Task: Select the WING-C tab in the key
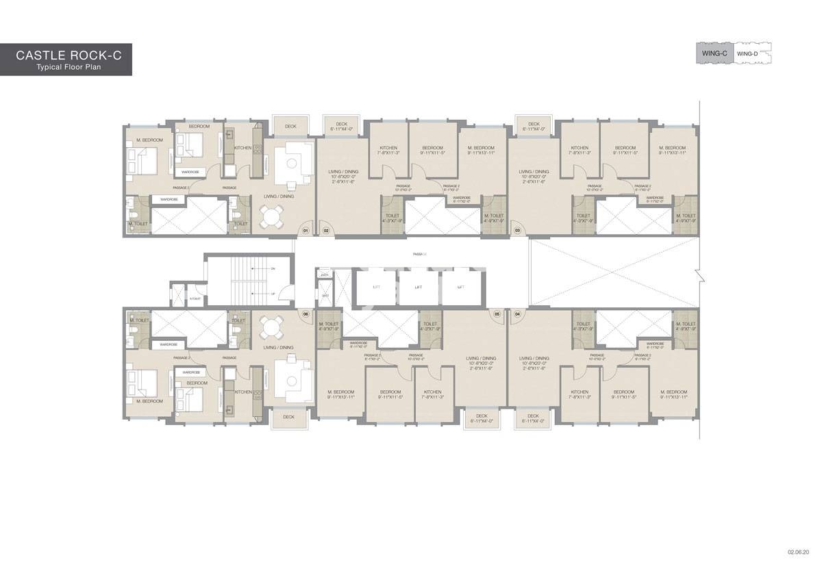714,53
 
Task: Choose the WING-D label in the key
746,53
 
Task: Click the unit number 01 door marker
306,231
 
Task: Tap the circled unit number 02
326,231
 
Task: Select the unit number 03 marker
517,231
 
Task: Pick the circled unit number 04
517,314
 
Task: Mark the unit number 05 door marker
497,314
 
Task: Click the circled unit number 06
306,314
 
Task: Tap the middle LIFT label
418,288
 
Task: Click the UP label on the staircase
273,294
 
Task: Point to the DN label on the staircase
273,268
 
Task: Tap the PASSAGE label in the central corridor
420,254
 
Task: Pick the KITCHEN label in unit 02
388,148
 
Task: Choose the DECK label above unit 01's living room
290,127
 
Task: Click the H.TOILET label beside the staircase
195,298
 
